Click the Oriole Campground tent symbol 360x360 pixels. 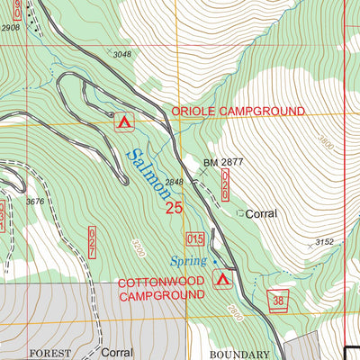123,120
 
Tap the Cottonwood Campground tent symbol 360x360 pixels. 220,281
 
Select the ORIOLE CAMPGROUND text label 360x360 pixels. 238,110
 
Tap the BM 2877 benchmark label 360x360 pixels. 224,163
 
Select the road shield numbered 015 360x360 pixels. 195,238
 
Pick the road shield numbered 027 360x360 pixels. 92,243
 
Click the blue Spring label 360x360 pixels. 188,261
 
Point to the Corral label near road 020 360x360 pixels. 261,214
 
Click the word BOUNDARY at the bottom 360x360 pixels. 238,355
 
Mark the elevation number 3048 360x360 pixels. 121,55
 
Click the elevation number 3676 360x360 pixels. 36,202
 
